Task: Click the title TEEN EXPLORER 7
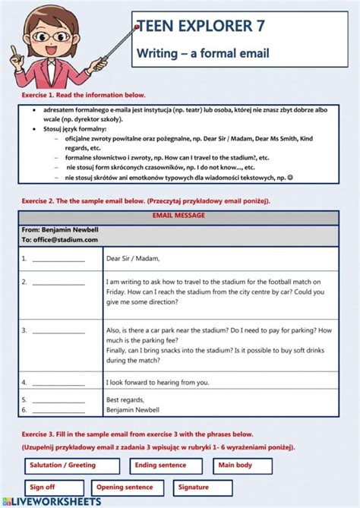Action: click(x=201, y=27)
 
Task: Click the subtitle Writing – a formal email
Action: click(x=203, y=53)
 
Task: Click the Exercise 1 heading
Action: click(x=83, y=95)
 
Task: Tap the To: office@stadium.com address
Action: click(x=60, y=239)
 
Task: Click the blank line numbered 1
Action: click(x=58, y=260)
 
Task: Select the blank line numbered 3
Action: click(x=58, y=332)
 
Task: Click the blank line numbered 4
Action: click(x=58, y=383)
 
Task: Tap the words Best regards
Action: click(x=125, y=399)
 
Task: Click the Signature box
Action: click(x=203, y=487)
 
